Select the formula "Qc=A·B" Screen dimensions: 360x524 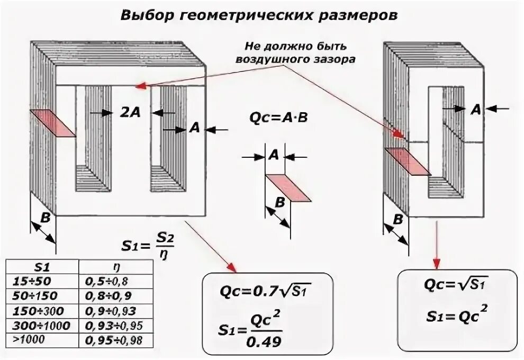[278, 118]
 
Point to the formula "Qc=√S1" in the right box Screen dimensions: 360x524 [456, 284]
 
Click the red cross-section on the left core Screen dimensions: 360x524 [53, 123]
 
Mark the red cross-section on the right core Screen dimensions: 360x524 [407, 161]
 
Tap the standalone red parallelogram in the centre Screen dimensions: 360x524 [287, 187]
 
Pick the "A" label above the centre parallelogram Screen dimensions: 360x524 [274, 155]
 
